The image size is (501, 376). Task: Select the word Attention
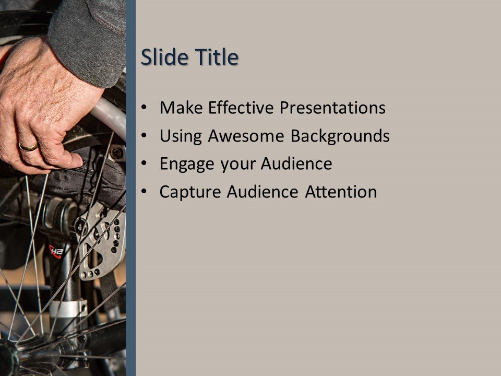point(341,192)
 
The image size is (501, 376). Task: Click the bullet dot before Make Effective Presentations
point(145,109)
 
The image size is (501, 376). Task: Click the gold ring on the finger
point(28,147)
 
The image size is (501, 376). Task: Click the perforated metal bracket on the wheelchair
point(104,240)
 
